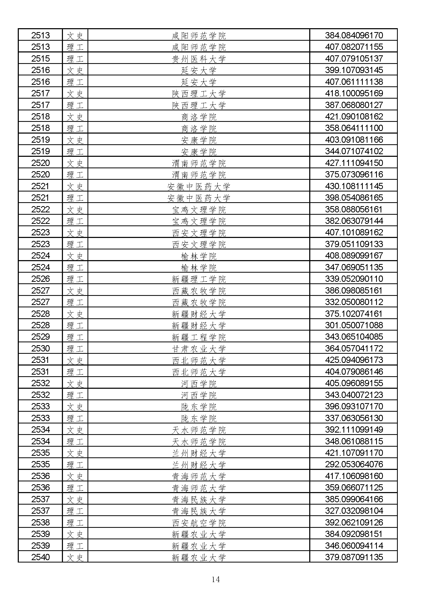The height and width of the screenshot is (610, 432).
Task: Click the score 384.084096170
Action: tap(354, 35)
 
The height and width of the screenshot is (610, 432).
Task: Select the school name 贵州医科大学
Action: tap(199, 59)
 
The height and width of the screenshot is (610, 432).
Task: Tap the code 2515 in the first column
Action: tap(40, 58)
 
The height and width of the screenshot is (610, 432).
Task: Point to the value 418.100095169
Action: tap(354, 93)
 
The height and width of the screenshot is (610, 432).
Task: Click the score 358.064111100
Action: tap(354, 128)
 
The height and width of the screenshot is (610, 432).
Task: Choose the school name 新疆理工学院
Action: tap(199, 279)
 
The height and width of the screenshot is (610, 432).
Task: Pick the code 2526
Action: tap(40, 279)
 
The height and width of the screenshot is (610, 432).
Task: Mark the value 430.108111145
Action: tap(354, 186)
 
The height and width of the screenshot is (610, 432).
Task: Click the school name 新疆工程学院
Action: tap(199, 337)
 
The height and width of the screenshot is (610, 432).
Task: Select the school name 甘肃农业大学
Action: tap(199, 349)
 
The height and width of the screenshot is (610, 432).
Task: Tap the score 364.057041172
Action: tap(354, 349)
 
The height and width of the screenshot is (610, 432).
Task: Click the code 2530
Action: tap(40, 349)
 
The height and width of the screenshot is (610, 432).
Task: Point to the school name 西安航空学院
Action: tap(199, 523)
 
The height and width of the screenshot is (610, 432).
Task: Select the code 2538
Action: tap(40, 523)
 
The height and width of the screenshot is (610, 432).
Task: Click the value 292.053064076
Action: tap(354, 464)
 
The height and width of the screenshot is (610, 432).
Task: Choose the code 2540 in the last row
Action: tap(40, 557)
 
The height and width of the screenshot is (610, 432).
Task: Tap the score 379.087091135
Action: tap(354, 557)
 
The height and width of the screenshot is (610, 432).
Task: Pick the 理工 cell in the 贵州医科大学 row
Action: tap(75, 59)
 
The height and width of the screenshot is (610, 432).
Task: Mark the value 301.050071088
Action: tap(354, 325)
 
